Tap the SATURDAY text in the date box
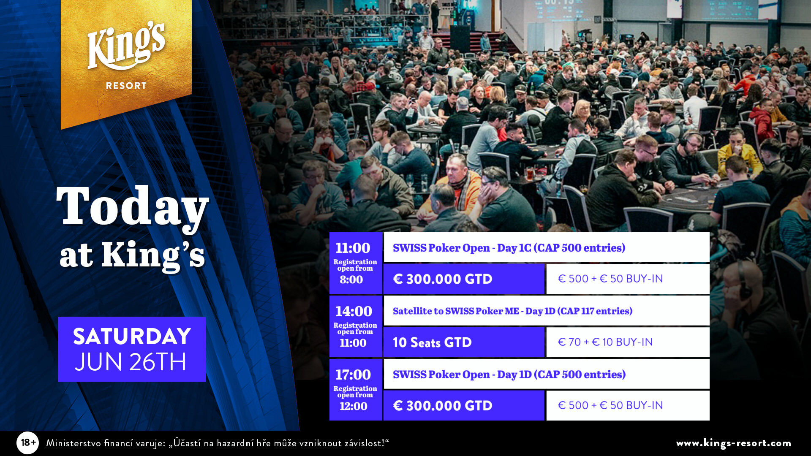tap(132, 337)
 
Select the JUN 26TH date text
tap(131, 362)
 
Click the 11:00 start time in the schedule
tap(353, 248)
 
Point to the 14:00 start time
tap(354, 311)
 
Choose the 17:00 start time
tap(353, 375)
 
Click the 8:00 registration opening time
tap(351, 280)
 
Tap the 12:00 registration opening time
tap(354, 406)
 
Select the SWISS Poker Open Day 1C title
tap(509, 248)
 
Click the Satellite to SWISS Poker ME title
tap(512, 311)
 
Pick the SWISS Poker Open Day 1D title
tap(509, 375)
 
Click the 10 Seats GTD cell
tap(464, 342)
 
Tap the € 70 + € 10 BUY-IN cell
tap(628, 342)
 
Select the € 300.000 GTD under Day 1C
tap(443, 279)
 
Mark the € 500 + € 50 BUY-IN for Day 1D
tap(610, 405)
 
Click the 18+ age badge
tap(28, 442)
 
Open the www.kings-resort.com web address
tap(734, 443)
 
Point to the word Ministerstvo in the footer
tap(73, 443)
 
